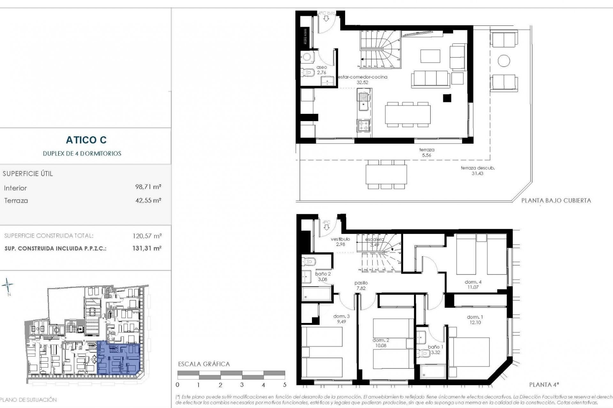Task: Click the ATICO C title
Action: point(86,140)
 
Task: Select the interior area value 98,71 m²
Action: point(148,187)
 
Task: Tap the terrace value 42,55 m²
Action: point(148,200)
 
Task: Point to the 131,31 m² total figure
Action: point(147,248)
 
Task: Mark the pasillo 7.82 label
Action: point(361,285)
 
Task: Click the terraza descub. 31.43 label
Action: point(477,171)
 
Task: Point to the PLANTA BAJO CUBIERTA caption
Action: point(556,200)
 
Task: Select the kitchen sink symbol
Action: point(363,101)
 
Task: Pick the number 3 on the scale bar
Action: point(242,385)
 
